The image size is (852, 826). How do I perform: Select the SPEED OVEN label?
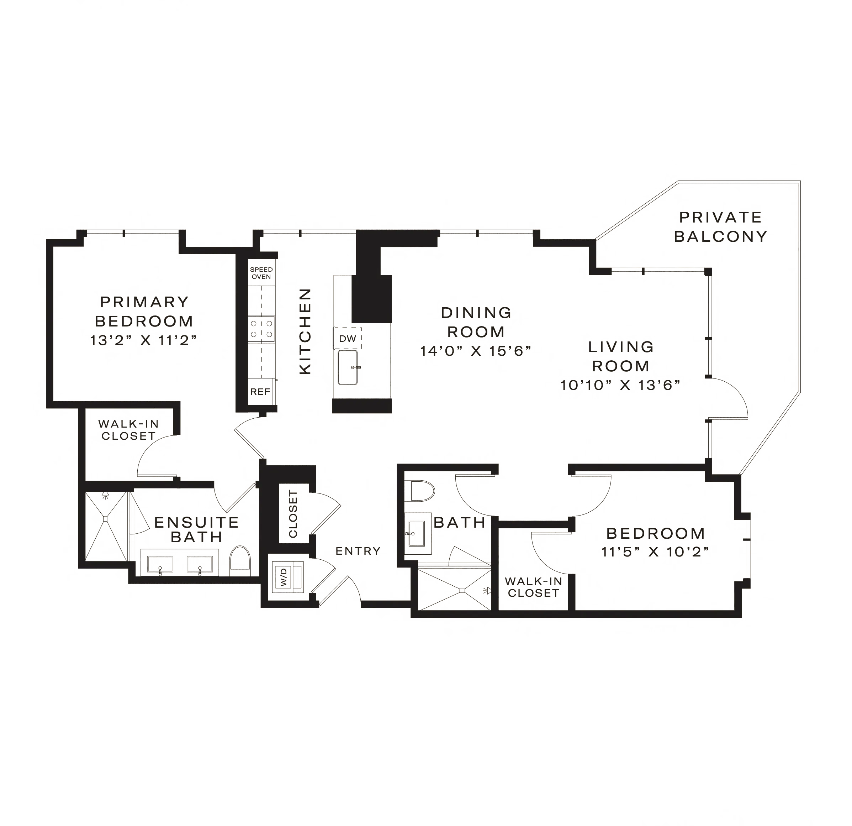261,273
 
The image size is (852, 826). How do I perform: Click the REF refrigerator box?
260,392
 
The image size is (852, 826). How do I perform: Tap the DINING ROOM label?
476,322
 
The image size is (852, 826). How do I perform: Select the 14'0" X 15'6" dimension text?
476,350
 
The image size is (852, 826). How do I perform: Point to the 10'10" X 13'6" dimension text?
620,385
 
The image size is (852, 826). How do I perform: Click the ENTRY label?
358,551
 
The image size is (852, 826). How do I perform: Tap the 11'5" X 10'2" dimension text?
656,552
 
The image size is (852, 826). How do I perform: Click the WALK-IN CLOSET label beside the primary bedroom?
128,429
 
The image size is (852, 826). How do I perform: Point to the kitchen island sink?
348,367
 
